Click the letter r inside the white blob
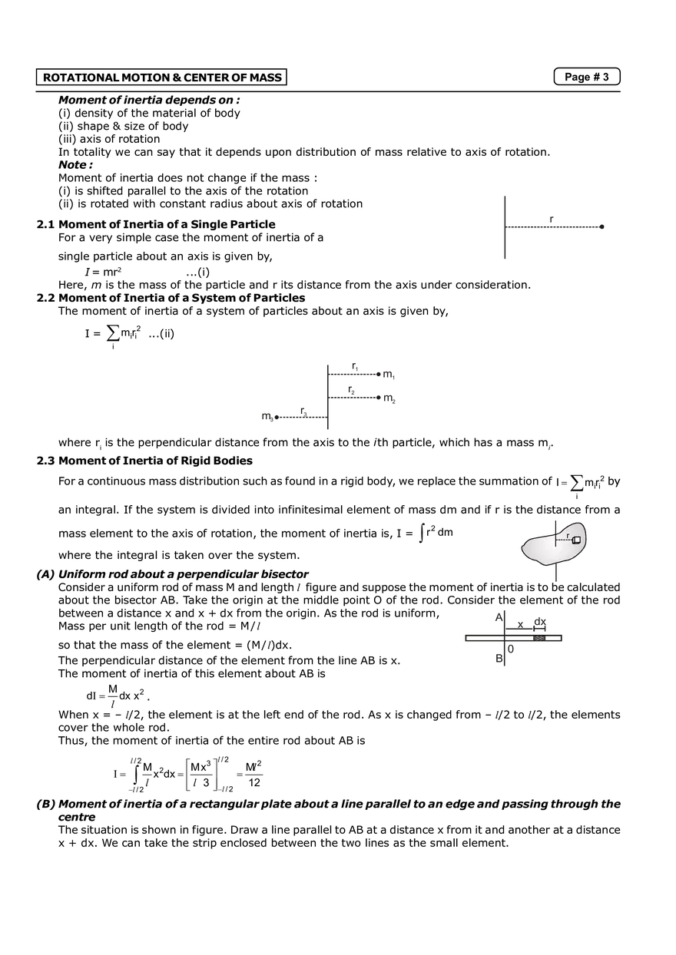(568, 535)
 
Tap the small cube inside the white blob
(576, 540)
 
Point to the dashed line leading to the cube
(565, 540)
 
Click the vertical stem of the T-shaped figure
(504, 227)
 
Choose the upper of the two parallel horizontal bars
(369, 375)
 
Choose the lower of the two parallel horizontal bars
(369, 398)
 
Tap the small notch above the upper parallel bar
(353, 362)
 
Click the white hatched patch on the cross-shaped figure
(539, 639)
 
